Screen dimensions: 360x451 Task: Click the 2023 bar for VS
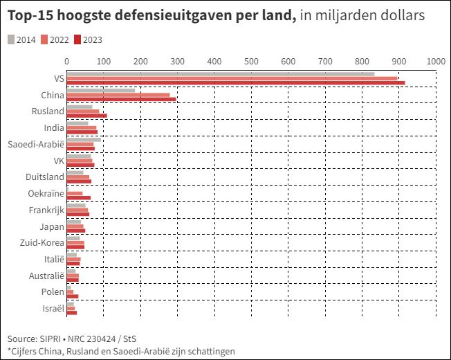[235, 83]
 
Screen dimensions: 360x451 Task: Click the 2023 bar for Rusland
[86, 116]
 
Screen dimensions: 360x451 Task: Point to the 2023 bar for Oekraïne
[78, 197]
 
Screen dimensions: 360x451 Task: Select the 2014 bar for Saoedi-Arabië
[83, 140]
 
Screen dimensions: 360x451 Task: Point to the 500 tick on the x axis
[252, 61]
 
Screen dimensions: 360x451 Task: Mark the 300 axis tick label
[177, 61]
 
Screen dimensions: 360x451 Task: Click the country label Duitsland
[44, 177]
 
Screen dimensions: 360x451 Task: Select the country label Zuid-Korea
[42, 243]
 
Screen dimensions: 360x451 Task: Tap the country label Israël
[53, 308]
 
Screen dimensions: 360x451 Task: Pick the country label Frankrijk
[46, 210]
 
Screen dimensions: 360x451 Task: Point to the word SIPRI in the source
[49, 339]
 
